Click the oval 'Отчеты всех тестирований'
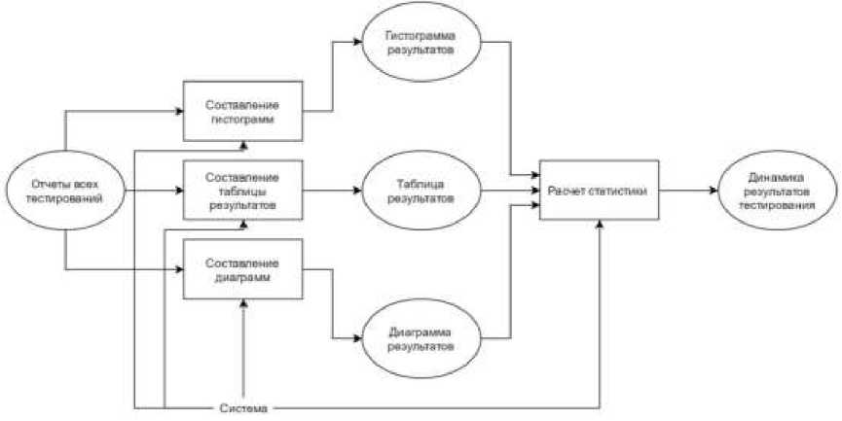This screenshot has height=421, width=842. click(x=65, y=190)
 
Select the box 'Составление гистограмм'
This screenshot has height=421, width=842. click(x=243, y=112)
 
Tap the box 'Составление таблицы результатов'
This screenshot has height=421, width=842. click(x=243, y=191)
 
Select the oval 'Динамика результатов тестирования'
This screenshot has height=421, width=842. click(x=777, y=191)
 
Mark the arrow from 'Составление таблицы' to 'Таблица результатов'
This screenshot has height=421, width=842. click(x=333, y=191)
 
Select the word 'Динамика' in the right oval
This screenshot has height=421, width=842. click(x=777, y=177)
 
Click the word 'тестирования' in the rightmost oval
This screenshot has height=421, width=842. click(x=777, y=204)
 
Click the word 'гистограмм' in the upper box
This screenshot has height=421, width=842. click(x=243, y=119)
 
